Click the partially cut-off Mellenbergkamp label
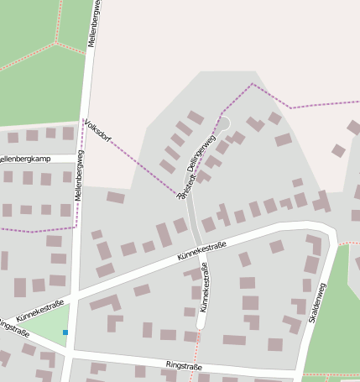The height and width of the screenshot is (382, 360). coord(25,159)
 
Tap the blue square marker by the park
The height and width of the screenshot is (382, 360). coord(65,333)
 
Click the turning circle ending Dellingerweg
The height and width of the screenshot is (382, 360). coord(223,124)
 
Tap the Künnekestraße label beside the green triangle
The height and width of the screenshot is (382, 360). coord(39,307)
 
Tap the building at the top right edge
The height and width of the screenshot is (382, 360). coord(354,128)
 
